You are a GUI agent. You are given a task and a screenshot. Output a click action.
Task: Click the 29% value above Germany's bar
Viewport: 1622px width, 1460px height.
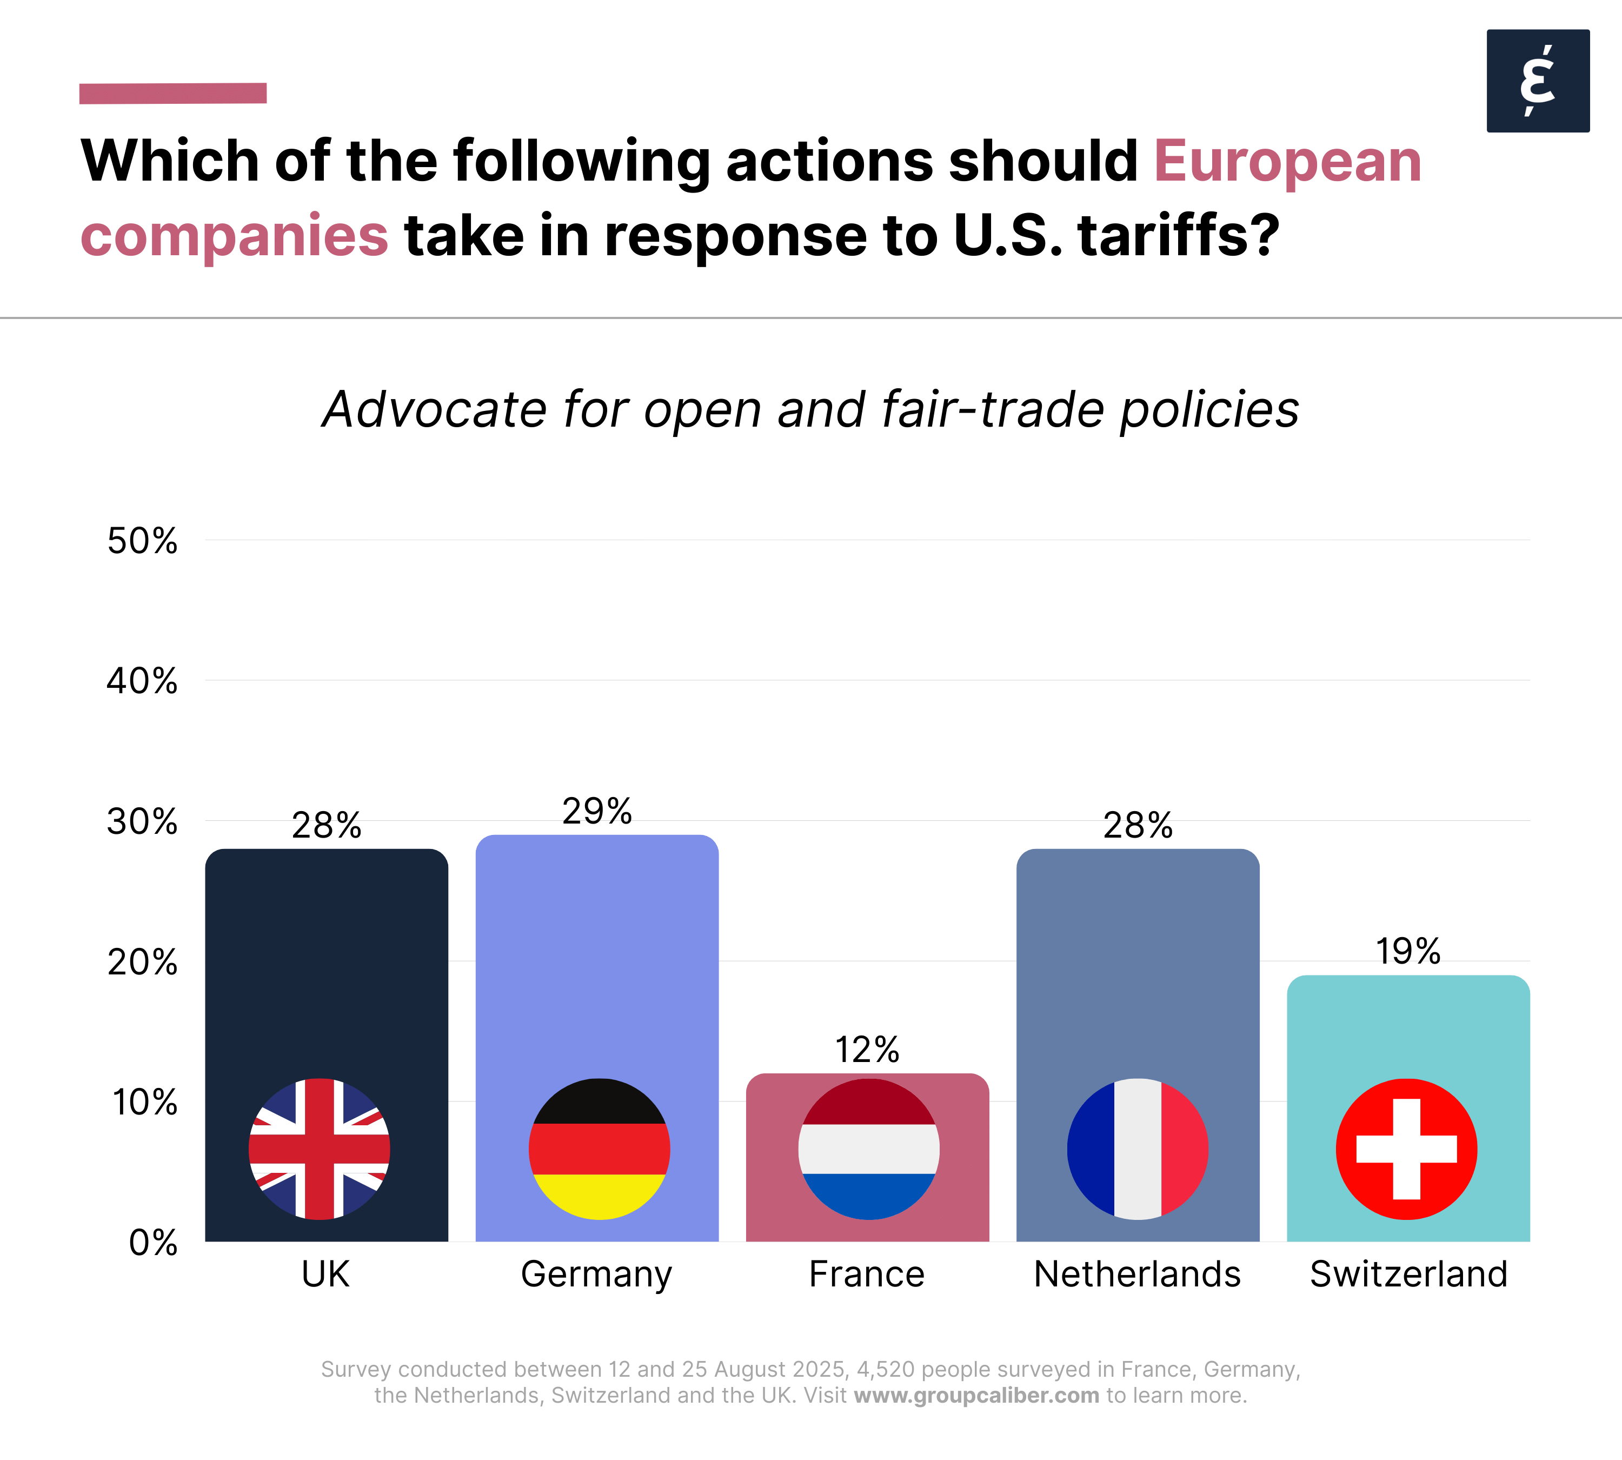pos(597,811)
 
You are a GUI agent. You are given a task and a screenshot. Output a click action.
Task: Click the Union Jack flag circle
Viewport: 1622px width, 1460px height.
pos(320,1149)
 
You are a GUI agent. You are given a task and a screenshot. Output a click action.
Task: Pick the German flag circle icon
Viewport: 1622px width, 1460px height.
pos(599,1149)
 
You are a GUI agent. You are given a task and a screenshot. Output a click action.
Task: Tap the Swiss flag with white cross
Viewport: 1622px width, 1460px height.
pos(1406,1149)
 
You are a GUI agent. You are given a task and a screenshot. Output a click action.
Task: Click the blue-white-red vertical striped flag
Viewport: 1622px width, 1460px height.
pos(1138,1149)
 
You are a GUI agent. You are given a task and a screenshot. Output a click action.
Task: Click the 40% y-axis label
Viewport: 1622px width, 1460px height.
pos(142,681)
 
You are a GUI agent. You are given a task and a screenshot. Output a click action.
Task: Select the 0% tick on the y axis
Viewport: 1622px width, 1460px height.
pos(152,1243)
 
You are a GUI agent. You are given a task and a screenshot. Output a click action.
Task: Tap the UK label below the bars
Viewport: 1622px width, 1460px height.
pos(325,1274)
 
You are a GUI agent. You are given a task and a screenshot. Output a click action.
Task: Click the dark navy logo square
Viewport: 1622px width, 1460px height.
pos(1538,81)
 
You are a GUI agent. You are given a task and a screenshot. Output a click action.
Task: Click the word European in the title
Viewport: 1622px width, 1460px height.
pos(1287,161)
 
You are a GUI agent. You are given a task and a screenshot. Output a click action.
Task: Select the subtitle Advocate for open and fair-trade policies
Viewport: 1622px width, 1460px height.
pos(810,410)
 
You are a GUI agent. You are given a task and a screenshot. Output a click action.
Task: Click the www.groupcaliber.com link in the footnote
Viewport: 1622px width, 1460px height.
pos(976,1395)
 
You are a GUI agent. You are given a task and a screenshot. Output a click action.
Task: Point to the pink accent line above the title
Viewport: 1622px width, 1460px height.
pos(172,93)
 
